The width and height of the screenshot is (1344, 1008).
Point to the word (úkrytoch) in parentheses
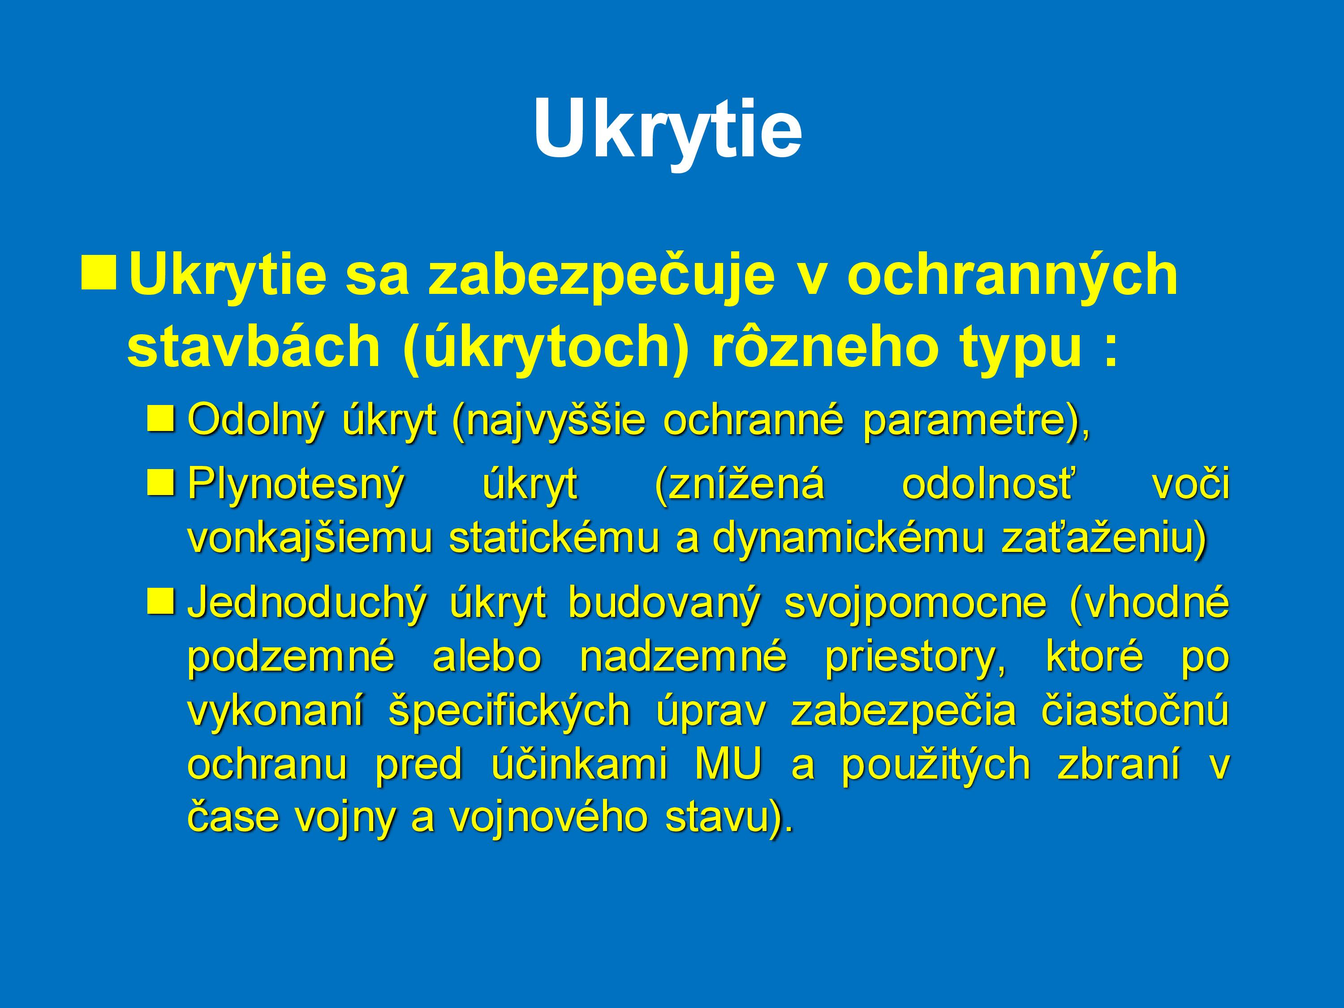545,347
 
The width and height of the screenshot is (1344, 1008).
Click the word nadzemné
684,657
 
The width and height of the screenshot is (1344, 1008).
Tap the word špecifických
509,711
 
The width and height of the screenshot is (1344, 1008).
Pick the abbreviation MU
728,764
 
